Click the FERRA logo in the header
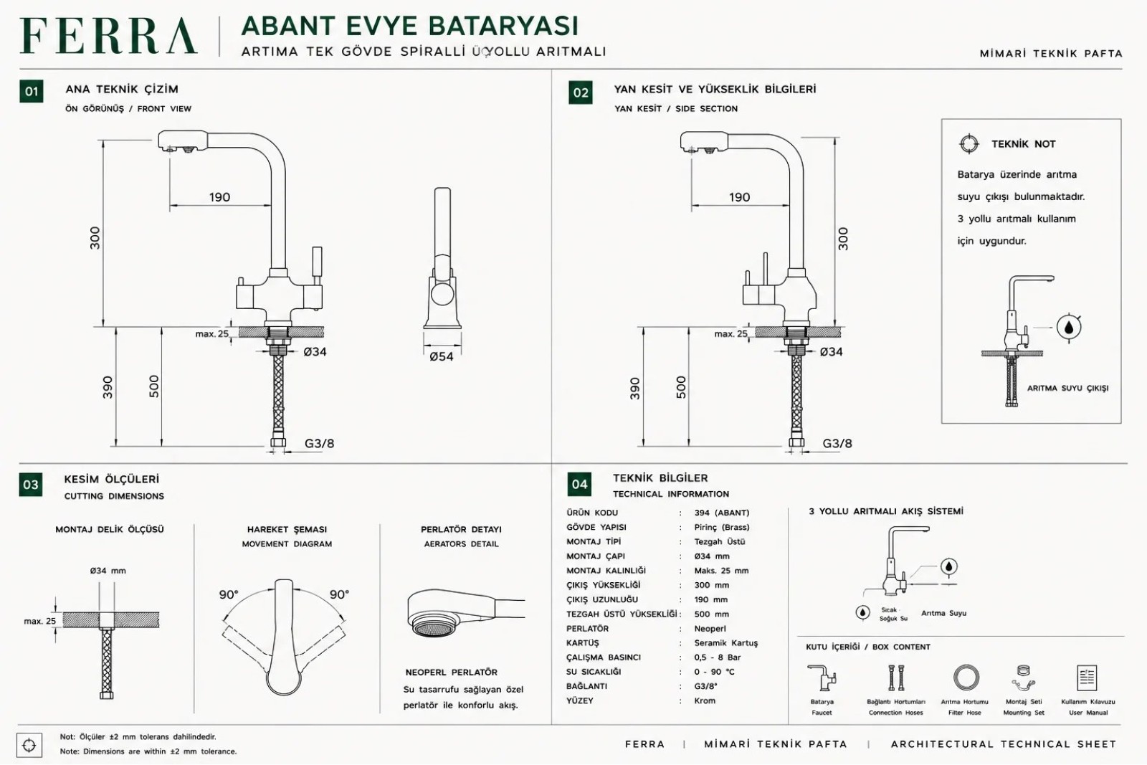(x=108, y=36)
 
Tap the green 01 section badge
(x=32, y=92)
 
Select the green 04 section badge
(x=579, y=485)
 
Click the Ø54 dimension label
(x=442, y=356)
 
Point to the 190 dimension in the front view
(x=219, y=197)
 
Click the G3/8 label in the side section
(x=837, y=443)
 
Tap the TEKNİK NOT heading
(x=1023, y=144)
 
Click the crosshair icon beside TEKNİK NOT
(x=968, y=144)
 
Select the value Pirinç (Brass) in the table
(x=721, y=528)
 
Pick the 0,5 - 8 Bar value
(x=718, y=657)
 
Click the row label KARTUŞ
(x=582, y=643)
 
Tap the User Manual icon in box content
(x=1087, y=678)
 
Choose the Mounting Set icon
(x=1024, y=678)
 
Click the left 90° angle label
(x=229, y=594)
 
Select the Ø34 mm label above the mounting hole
(x=108, y=571)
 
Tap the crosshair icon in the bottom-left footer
(x=29, y=745)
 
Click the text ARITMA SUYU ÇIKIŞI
(x=1067, y=388)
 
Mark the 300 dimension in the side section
(x=843, y=239)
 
